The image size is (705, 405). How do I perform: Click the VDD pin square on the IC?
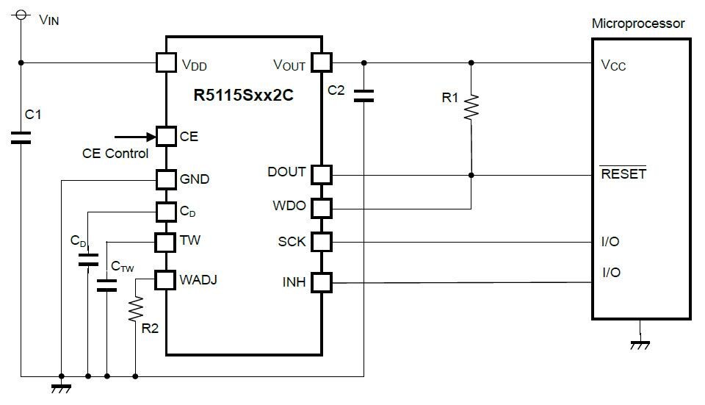(x=166, y=62)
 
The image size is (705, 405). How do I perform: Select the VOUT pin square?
(x=322, y=62)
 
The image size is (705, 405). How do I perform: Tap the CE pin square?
(x=166, y=136)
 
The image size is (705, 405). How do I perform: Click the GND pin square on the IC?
(x=166, y=179)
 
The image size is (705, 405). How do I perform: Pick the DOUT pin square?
(x=322, y=175)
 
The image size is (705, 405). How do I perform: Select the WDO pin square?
(x=322, y=208)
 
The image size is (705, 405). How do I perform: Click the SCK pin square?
(x=322, y=242)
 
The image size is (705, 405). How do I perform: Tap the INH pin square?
(x=322, y=282)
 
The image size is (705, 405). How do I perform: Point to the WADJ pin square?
(x=166, y=279)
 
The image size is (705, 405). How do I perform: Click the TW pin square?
(x=166, y=241)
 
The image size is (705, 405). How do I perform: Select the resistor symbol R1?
(x=471, y=107)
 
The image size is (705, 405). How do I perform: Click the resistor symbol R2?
(x=135, y=309)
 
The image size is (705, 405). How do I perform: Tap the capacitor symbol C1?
(x=21, y=137)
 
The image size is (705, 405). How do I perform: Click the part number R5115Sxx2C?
(x=244, y=95)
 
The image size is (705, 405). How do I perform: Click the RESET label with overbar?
(x=623, y=174)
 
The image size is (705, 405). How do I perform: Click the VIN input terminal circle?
(x=21, y=14)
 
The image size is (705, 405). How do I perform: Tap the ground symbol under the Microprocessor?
(x=641, y=342)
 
